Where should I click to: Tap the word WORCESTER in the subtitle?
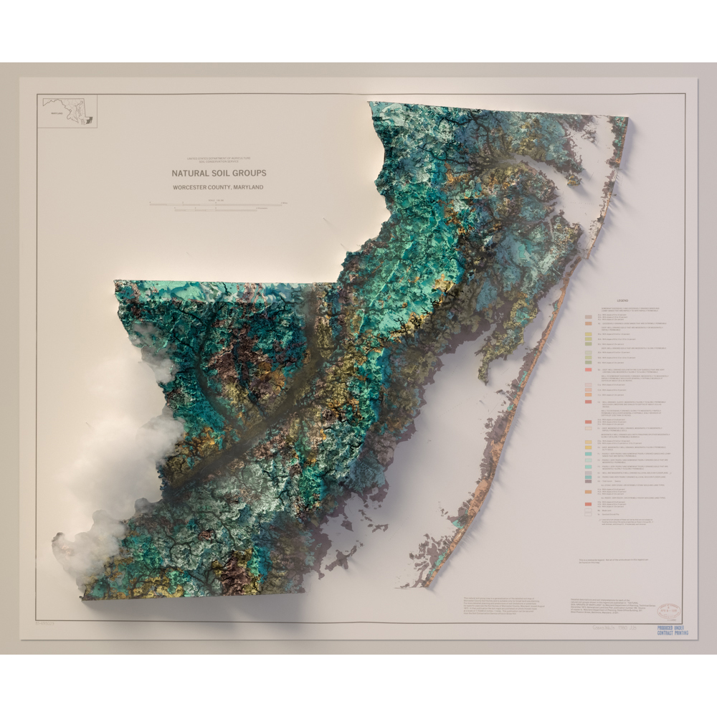point(191,187)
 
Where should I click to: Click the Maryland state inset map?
point(68,112)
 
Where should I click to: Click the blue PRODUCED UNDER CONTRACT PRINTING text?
point(672,630)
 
